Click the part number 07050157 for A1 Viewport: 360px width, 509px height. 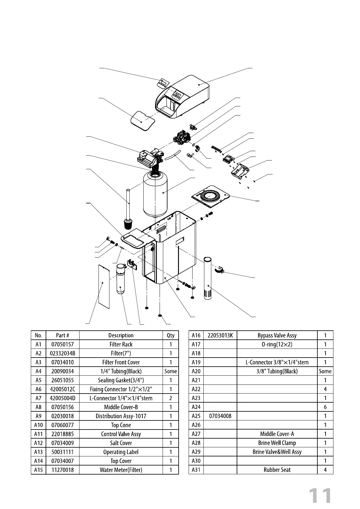click(62, 344)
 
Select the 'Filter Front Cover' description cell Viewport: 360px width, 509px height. click(121, 362)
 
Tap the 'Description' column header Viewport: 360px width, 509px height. click(121, 335)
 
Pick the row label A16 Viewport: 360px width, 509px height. click(196, 335)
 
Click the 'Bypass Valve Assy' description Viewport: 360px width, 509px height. click(277, 335)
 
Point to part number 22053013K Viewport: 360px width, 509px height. click(220, 335)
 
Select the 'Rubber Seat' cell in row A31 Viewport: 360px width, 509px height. click(277, 470)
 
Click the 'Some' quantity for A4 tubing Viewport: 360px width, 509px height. click(170, 371)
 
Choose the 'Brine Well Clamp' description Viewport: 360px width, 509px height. click(277, 443)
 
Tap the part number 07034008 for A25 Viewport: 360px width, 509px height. click(220, 416)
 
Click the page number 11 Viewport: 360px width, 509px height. click(320, 496)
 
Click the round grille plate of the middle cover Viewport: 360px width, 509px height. click(211, 196)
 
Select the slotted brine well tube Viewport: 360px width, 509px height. click(208, 278)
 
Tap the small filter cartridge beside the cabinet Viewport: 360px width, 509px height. click(121, 278)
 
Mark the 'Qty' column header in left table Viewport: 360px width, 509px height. click(170, 335)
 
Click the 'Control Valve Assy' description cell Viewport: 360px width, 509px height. click(121, 434)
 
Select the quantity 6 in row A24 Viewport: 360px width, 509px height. click(325, 407)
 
